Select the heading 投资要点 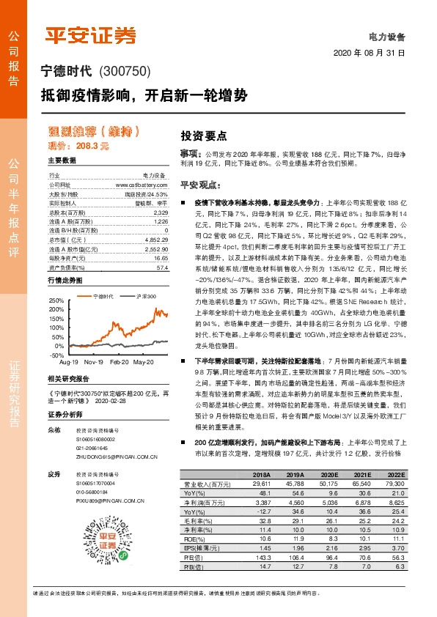[x=204, y=136]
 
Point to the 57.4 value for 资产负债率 [x=161, y=268]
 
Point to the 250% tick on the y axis [x=56, y=300]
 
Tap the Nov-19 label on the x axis [x=93, y=362]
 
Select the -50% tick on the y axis [x=57, y=355]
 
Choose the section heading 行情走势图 [x=65, y=281]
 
